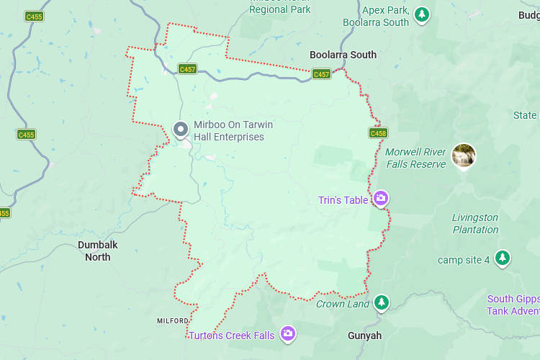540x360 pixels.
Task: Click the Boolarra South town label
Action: coord(343,55)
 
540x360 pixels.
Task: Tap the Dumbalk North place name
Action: coord(97,251)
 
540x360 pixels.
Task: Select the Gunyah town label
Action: coord(364,336)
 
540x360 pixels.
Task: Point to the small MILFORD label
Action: coord(173,320)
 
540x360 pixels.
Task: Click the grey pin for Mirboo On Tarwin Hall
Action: coord(181,130)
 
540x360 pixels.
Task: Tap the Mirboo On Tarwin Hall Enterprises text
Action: coord(233,131)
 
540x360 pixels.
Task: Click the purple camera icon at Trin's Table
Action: coord(381,199)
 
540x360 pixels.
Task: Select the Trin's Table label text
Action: coord(343,200)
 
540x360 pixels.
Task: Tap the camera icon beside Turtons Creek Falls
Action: coord(288,333)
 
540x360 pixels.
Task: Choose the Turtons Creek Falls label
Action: coord(231,336)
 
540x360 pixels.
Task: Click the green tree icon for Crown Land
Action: coord(381,302)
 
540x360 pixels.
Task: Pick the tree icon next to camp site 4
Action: coord(503,258)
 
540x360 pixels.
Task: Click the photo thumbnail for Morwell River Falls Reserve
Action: coord(464,156)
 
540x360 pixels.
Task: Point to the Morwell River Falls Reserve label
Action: coord(415,158)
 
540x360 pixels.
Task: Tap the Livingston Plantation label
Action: coord(475,223)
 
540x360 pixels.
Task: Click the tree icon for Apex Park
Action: coord(422,14)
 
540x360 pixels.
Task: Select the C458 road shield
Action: coord(378,133)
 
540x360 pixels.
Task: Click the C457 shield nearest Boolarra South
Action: coord(321,74)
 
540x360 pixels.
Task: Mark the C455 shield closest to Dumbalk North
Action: coord(26,135)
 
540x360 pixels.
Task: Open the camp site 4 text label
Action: coord(464,259)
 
